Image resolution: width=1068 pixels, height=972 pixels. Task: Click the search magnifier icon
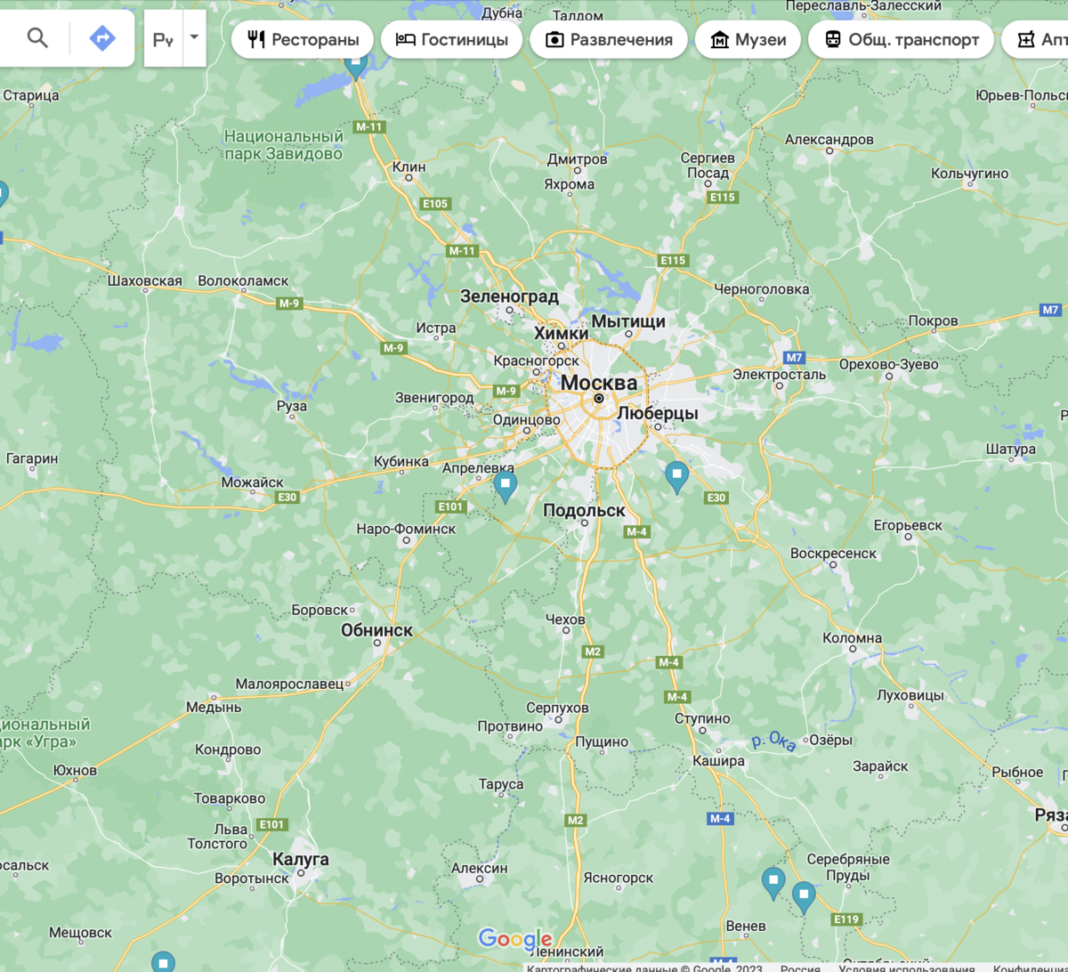click(x=37, y=38)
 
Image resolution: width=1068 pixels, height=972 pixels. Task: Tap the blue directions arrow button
click(x=102, y=38)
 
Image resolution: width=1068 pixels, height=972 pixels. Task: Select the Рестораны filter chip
click(x=303, y=40)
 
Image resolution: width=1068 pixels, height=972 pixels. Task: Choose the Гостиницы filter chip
click(x=451, y=40)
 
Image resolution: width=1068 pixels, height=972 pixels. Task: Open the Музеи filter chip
click(x=748, y=40)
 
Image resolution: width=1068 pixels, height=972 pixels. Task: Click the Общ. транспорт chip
click(x=901, y=40)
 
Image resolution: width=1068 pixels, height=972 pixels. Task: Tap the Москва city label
click(x=599, y=383)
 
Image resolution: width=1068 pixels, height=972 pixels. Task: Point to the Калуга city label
click(x=301, y=859)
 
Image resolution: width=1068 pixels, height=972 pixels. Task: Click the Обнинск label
click(x=376, y=630)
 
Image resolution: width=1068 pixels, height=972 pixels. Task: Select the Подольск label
click(x=584, y=510)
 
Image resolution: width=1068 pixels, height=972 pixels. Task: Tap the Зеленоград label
click(x=509, y=296)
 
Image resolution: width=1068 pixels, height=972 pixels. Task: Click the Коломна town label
click(x=852, y=638)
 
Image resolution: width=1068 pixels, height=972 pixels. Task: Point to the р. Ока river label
click(x=773, y=741)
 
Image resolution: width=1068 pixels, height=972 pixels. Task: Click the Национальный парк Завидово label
click(x=283, y=145)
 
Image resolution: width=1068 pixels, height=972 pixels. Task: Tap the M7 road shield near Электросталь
click(x=794, y=358)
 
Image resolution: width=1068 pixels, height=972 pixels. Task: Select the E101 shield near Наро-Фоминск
click(x=451, y=506)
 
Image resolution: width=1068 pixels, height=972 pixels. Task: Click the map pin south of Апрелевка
click(x=506, y=486)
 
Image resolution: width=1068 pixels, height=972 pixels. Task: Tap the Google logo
click(x=515, y=939)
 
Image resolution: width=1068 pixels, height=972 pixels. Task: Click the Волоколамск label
click(x=243, y=281)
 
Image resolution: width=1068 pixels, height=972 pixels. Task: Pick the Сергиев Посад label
click(x=708, y=165)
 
